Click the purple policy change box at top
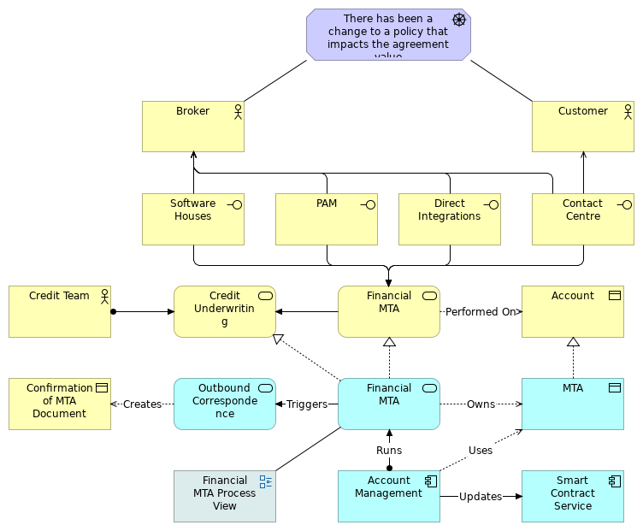pos(388,35)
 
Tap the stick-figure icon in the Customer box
pos(628,111)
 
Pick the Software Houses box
pos(193,219)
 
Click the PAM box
pos(327,219)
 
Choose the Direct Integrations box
pos(450,219)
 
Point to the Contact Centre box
pos(583,219)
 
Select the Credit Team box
pos(60,311)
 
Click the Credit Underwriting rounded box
pos(225,311)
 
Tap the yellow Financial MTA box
pos(389,311)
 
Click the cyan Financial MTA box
pos(389,404)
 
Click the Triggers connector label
pos(306,404)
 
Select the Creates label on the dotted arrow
pos(142,404)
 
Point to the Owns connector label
pos(481,404)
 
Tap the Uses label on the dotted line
pos(481,451)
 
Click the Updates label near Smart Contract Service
pos(481,497)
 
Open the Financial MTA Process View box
pos(225,496)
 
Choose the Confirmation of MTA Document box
pos(60,404)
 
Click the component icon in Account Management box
pos(431,481)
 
